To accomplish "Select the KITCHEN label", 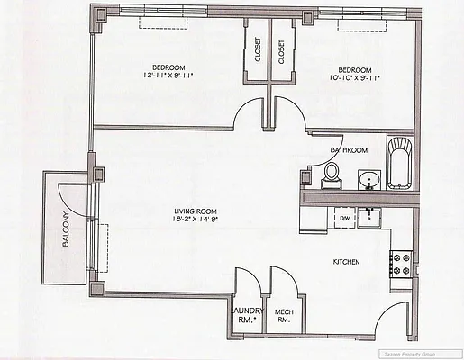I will point(347,262).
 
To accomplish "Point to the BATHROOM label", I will point(348,149).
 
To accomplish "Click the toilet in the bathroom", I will point(332,174).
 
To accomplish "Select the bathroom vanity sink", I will point(368,181).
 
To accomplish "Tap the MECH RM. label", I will point(285,315).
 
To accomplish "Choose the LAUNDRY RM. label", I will point(246,315).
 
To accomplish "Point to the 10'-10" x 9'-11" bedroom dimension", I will point(354,78).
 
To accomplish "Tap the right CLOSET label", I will point(281,53).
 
